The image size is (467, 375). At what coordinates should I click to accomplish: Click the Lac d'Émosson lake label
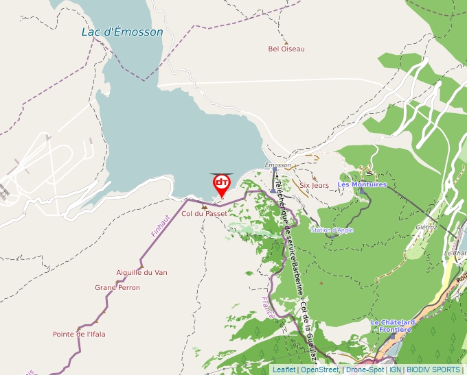click(122, 32)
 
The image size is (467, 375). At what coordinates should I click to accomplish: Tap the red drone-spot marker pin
click(222, 184)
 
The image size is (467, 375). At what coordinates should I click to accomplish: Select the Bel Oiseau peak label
click(286, 49)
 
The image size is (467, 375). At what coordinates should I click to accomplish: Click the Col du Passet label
click(204, 214)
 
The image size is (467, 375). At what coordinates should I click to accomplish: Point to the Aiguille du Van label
click(141, 272)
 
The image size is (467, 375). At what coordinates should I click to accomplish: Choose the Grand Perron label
click(117, 287)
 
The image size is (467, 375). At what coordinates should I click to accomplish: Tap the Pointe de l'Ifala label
click(79, 335)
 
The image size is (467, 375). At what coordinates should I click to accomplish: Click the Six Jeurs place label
click(315, 185)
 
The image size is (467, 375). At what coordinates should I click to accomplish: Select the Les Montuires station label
click(362, 184)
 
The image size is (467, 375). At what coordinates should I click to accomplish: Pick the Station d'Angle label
click(332, 230)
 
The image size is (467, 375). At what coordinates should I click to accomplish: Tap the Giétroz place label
click(426, 227)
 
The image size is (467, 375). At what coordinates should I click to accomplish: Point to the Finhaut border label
click(161, 226)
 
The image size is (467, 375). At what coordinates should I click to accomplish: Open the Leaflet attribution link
click(284, 370)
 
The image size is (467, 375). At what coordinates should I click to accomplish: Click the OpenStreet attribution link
click(319, 370)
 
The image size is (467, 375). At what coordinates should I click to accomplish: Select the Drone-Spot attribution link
click(365, 370)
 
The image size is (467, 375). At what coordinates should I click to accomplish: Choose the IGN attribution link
click(395, 370)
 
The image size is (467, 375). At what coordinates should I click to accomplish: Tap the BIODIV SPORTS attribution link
click(433, 370)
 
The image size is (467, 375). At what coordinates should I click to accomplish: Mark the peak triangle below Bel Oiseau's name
click(286, 42)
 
